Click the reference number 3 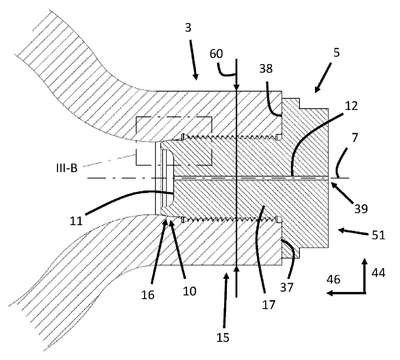click(188, 27)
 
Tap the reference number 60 click(216, 53)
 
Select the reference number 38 click(266, 69)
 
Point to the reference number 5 click(336, 52)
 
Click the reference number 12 click(351, 106)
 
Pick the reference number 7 click(355, 138)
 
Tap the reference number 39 click(361, 209)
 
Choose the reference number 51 click(378, 235)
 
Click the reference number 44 click(378, 273)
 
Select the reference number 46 click(333, 279)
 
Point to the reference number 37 click(286, 287)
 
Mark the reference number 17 click(268, 304)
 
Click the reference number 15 click(223, 337)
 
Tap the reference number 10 click(189, 291)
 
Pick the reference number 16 click(148, 294)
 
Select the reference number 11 click(76, 221)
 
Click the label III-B click(67, 168)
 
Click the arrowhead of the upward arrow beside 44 click(365, 259)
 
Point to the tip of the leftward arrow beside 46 click(327, 293)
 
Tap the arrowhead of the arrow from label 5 click(315, 91)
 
